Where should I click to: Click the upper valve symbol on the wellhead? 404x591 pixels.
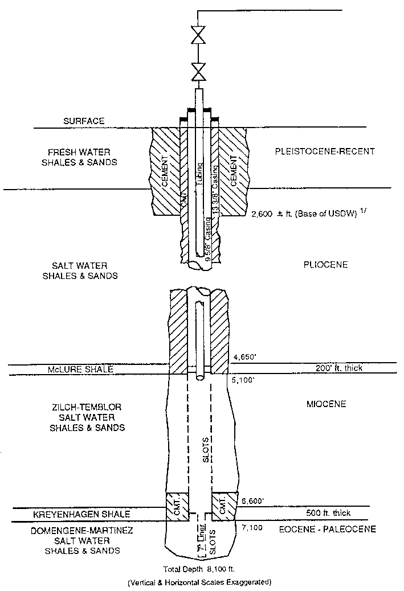(198, 37)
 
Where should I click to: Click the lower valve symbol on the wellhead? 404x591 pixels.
(198, 72)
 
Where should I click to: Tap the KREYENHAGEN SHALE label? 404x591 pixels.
(86, 514)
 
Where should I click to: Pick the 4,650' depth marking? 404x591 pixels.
(244, 358)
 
